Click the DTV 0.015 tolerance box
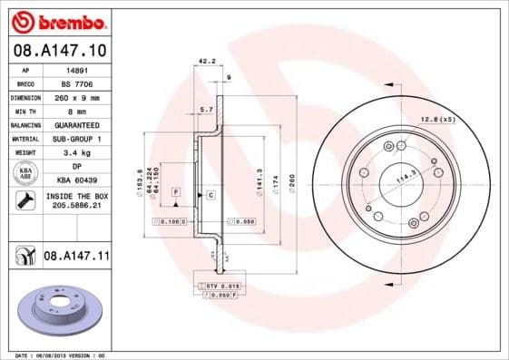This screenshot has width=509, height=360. pyautogui.click(x=218, y=286)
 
